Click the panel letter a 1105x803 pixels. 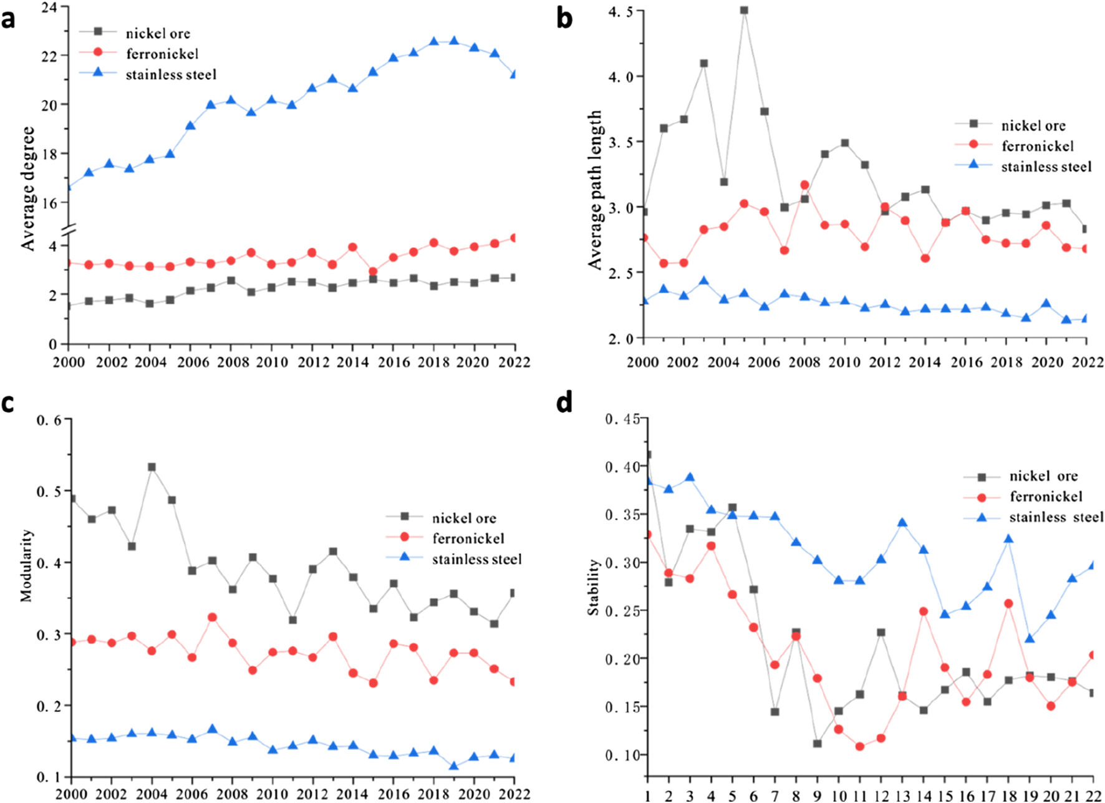click(8, 20)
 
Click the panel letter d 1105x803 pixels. click(564, 402)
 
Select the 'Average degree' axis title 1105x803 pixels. click(28, 188)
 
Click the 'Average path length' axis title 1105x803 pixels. click(596, 190)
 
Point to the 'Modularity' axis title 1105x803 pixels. click(26, 565)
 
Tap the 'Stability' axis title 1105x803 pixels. click(593, 586)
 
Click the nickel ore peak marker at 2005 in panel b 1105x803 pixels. click(744, 11)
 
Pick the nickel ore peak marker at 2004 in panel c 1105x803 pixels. click(152, 467)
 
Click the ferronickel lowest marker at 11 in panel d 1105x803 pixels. click(860, 746)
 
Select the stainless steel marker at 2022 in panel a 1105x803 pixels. click(514, 74)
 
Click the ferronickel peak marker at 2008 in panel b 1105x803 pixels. click(804, 185)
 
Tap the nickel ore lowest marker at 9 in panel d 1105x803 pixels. click(818, 744)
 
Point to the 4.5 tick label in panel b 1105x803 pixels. click(621, 11)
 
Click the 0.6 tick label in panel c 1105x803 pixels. click(49, 420)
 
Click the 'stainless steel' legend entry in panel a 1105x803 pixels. click(171, 75)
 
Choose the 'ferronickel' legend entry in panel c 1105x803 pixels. click(468, 538)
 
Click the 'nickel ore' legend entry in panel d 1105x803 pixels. click(1043, 476)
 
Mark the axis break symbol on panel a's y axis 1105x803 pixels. click(69, 230)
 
